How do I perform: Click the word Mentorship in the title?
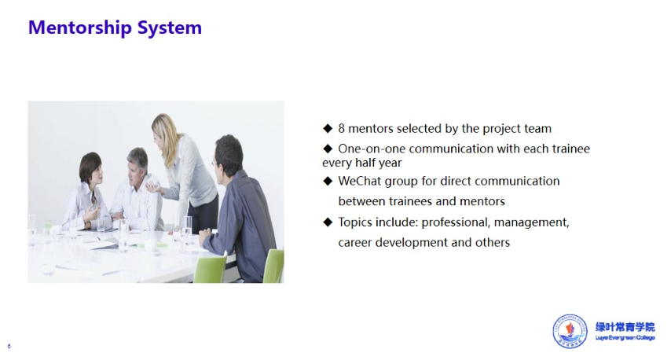pyautogui.click(x=80, y=28)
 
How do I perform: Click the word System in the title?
pyautogui.click(x=170, y=28)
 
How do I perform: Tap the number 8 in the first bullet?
pyautogui.click(x=342, y=128)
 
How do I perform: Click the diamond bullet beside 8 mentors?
pyautogui.click(x=328, y=128)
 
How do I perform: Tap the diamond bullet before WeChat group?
pyautogui.click(x=328, y=181)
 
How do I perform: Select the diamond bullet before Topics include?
pyautogui.click(x=328, y=222)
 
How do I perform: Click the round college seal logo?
pyautogui.click(x=570, y=331)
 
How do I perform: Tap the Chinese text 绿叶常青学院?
pyautogui.click(x=625, y=327)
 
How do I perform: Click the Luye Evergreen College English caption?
pyautogui.click(x=625, y=338)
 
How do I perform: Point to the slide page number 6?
pyautogui.click(x=9, y=346)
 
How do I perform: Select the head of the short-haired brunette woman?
pyautogui.click(x=91, y=168)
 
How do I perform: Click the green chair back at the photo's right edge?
pyautogui.click(x=274, y=266)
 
